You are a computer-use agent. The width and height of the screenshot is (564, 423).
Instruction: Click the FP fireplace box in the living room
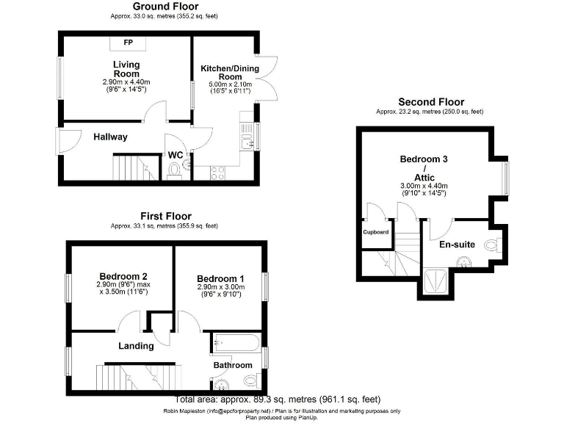[x=128, y=41]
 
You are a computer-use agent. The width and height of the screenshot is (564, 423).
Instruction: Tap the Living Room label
[x=126, y=69]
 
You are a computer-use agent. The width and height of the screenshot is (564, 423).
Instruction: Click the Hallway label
[x=110, y=137]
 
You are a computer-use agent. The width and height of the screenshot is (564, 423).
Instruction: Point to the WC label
[x=176, y=155]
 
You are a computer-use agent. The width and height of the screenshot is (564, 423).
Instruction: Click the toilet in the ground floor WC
[x=174, y=171]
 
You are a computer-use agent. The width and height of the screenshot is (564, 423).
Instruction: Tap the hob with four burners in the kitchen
[x=218, y=173]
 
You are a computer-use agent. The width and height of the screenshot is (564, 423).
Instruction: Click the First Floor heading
[x=166, y=216]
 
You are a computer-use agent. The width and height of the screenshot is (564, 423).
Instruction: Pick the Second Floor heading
[x=430, y=102]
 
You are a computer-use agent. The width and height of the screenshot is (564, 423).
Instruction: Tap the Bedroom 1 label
[x=221, y=278]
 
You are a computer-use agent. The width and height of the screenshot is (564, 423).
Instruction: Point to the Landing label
[x=136, y=345]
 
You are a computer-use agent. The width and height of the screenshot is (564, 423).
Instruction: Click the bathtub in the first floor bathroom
[x=236, y=343]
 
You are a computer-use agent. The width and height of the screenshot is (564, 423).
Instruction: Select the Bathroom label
[x=233, y=365]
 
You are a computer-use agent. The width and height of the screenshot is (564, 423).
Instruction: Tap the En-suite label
[x=457, y=244]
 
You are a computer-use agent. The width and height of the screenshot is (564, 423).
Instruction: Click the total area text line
[x=278, y=399]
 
